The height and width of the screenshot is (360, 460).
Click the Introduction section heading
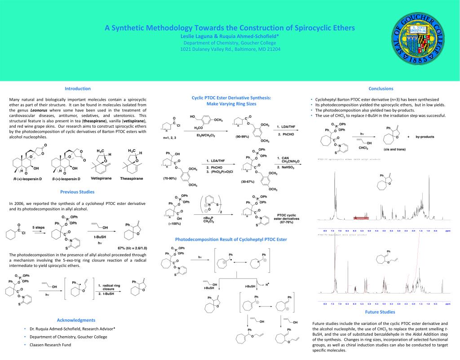coord(78,89)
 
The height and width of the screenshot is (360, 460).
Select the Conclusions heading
coord(380,89)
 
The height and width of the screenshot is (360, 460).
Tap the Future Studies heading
coord(380,312)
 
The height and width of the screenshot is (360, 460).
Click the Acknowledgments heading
coord(76,320)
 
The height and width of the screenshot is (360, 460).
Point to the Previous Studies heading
coord(77,192)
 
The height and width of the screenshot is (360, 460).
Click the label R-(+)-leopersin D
coord(27,179)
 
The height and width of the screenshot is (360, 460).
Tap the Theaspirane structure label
coord(131,178)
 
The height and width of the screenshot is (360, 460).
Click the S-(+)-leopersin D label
coord(66,179)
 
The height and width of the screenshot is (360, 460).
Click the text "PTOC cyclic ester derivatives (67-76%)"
coord(288,218)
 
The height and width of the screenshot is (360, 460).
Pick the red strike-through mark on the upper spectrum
coord(361,218)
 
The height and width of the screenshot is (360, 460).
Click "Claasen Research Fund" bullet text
coord(50,345)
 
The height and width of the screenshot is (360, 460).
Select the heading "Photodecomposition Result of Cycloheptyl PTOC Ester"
coord(231,240)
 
